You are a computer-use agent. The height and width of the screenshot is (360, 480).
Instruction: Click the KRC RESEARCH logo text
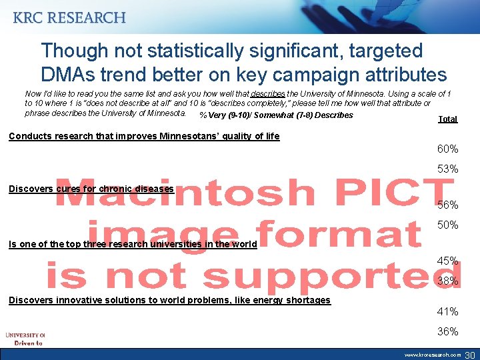click(69, 18)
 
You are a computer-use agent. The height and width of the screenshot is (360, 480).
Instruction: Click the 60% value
click(447, 149)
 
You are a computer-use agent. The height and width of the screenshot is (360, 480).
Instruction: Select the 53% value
click(447, 169)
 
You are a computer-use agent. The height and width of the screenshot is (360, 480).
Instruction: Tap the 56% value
click(447, 205)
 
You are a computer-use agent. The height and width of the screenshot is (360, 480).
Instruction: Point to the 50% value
click(447, 225)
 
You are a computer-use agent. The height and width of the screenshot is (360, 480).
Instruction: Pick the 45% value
click(447, 261)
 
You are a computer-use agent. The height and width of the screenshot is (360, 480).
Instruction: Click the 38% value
click(447, 281)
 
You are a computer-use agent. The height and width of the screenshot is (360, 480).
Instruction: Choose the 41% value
click(447, 311)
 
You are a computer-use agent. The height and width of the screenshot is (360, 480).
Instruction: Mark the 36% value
click(447, 331)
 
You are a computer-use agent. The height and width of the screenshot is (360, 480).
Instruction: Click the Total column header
click(447, 119)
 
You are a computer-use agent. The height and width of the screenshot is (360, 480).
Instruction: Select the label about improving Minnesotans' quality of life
click(144, 137)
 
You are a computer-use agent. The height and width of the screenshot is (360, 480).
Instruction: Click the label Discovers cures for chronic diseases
click(91, 189)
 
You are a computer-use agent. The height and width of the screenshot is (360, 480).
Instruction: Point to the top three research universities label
click(133, 244)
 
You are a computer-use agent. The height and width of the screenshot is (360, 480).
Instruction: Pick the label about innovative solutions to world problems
click(169, 300)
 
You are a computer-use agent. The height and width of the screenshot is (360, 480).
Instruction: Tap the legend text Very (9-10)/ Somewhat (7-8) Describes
click(276, 115)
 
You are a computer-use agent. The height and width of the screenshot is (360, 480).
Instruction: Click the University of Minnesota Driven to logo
click(25, 338)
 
